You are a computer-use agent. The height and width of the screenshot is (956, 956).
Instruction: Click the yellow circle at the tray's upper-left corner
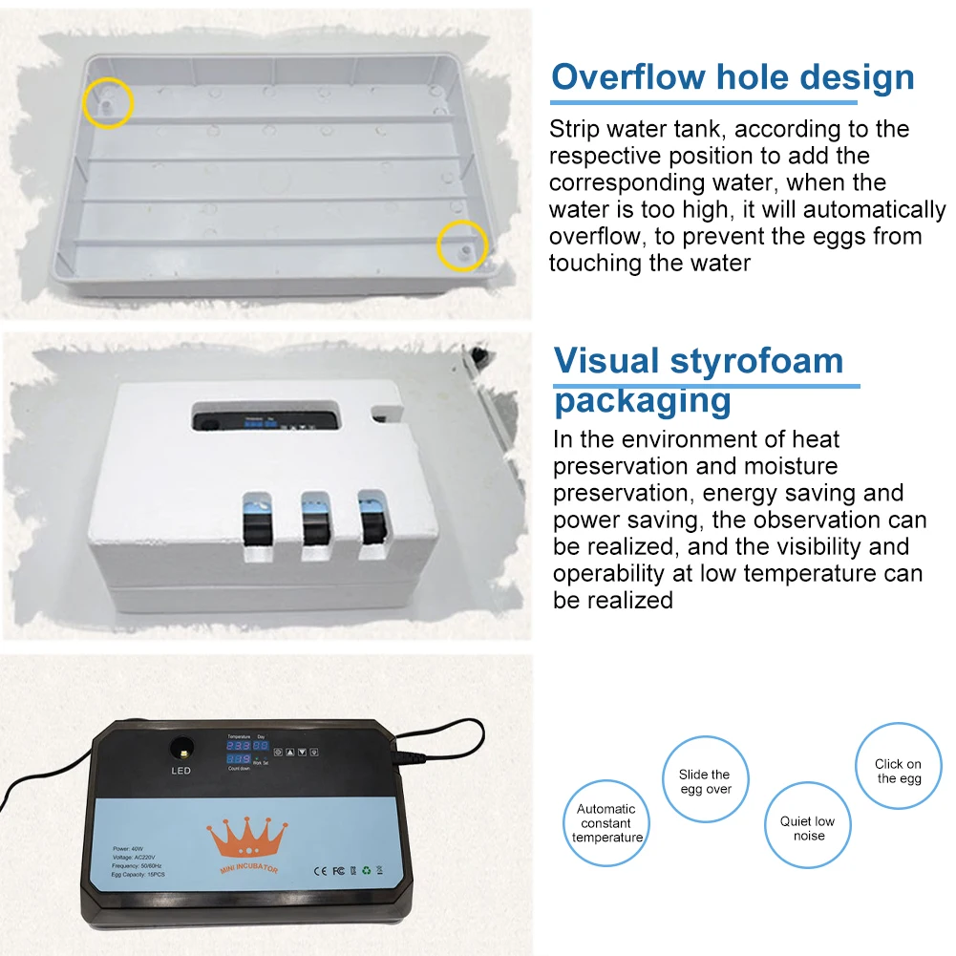(107, 103)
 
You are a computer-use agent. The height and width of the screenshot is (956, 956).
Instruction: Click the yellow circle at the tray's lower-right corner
(462, 247)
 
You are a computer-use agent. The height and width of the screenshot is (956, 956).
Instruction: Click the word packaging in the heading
(643, 399)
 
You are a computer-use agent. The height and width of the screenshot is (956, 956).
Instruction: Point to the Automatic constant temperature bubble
(606, 822)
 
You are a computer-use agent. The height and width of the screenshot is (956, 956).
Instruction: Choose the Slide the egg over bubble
(705, 780)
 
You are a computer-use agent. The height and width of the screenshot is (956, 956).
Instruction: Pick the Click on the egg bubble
(898, 771)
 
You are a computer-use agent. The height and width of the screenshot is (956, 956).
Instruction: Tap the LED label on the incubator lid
(181, 771)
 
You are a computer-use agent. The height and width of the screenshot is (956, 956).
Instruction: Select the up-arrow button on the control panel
(289, 752)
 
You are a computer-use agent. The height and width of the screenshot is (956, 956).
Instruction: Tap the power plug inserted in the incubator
(407, 760)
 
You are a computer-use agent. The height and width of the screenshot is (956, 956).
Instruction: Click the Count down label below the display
(238, 768)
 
